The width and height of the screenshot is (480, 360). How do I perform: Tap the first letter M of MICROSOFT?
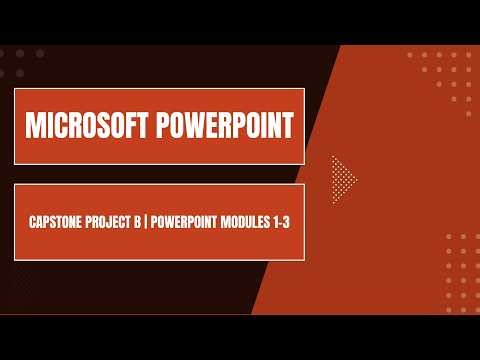click(x=33, y=126)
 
